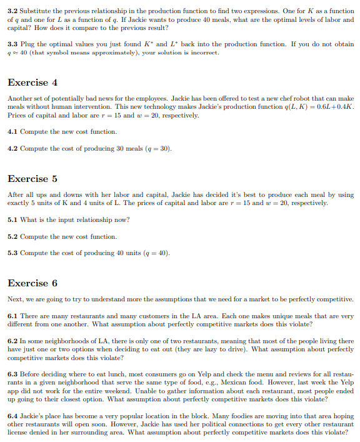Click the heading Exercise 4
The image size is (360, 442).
coord(32,83)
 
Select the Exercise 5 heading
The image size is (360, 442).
coord(32,179)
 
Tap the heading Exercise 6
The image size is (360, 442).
coord(32,283)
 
